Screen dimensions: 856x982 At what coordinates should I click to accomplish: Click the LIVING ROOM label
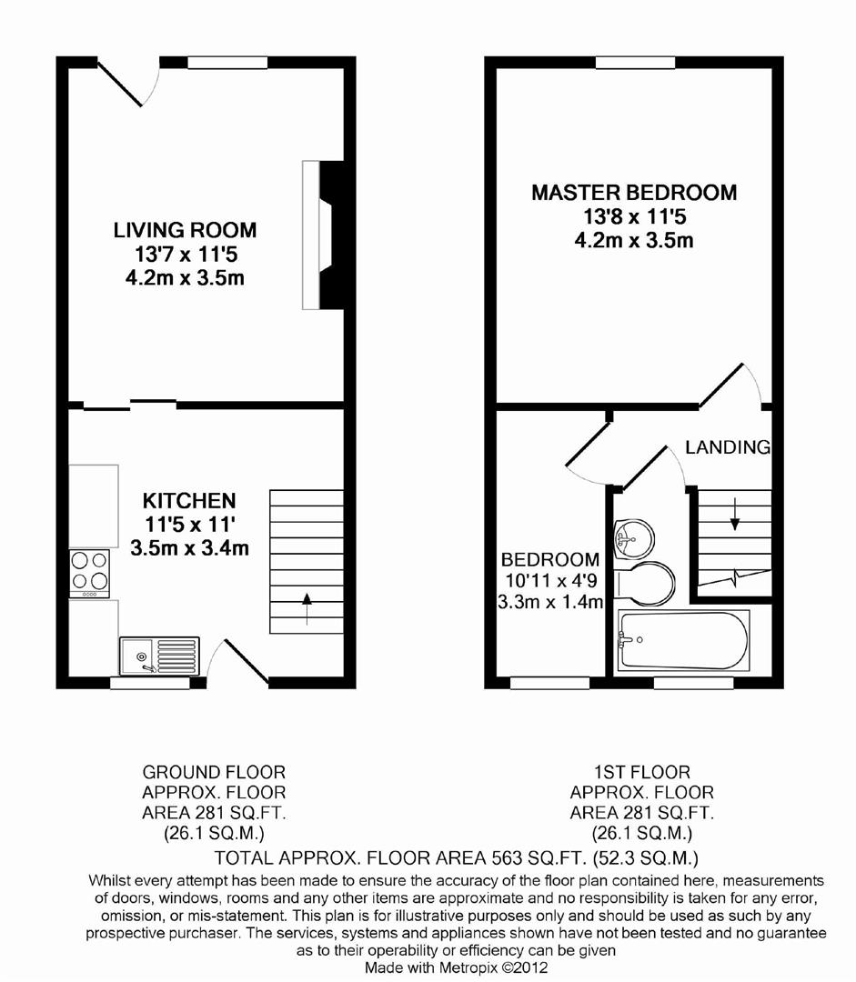185,230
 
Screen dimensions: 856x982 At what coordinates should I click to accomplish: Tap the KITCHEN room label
189,501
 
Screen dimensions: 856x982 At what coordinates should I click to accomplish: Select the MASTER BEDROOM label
634,192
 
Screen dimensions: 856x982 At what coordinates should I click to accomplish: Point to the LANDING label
728,447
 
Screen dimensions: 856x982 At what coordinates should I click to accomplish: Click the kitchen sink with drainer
160,656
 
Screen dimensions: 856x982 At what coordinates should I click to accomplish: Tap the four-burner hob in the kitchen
89,573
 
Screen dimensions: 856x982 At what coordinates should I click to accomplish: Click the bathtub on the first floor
684,641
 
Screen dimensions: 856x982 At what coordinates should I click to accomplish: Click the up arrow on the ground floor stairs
307,608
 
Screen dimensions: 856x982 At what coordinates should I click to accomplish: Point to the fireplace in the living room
323,235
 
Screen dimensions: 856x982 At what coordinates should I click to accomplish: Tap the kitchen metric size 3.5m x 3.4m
190,548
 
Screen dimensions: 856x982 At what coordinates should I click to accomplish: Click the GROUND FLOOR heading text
214,772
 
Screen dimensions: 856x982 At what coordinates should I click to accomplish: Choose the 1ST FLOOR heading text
642,772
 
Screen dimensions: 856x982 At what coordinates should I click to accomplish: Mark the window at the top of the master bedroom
636,62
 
